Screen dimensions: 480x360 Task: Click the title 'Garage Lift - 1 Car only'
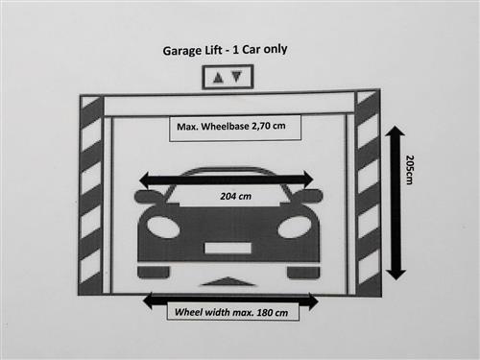click(x=225, y=50)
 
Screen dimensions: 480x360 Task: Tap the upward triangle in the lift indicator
click(x=218, y=78)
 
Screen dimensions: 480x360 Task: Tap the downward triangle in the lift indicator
click(x=237, y=77)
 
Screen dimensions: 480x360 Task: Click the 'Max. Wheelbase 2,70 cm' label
click(x=231, y=126)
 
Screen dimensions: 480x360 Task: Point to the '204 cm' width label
click(x=235, y=196)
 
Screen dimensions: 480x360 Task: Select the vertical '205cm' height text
click(x=409, y=170)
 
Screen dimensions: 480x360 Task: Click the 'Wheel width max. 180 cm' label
click(x=231, y=312)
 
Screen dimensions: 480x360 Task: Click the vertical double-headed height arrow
click(x=396, y=203)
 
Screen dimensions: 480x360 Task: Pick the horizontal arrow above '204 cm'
click(x=227, y=180)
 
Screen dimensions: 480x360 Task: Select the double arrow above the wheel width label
click(x=230, y=300)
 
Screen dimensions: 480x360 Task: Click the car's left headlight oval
click(x=163, y=227)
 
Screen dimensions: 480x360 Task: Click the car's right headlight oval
click(x=295, y=227)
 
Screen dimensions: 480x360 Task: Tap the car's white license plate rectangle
click(x=228, y=248)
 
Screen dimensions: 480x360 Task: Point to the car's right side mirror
click(x=308, y=196)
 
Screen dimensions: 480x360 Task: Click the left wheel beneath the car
click(x=154, y=273)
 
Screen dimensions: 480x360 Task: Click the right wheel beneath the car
click(x=303, y=273)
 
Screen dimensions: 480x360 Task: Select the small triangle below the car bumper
click(x=228, y=281)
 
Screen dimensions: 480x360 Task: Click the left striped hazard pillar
click(x=91, y=195)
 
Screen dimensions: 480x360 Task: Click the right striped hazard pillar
click(x=369, y=193)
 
